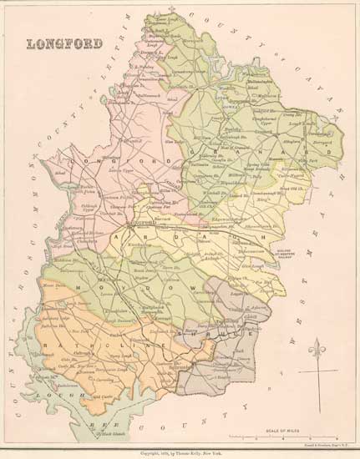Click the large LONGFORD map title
pos(66,43)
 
